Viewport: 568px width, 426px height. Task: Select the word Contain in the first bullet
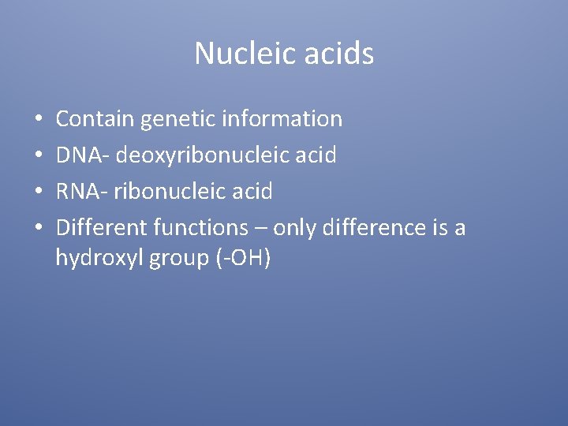[95, 119]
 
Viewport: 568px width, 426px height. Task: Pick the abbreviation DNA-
[83, 155]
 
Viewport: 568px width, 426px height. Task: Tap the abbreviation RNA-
[82, 192]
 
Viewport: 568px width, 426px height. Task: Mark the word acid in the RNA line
[252, 192]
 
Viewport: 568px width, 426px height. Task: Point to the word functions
[200, 228]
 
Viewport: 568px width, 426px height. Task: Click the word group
[178, 258]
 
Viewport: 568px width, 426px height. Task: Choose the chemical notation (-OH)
[243, 258]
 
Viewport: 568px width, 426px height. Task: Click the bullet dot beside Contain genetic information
[38, 120]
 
